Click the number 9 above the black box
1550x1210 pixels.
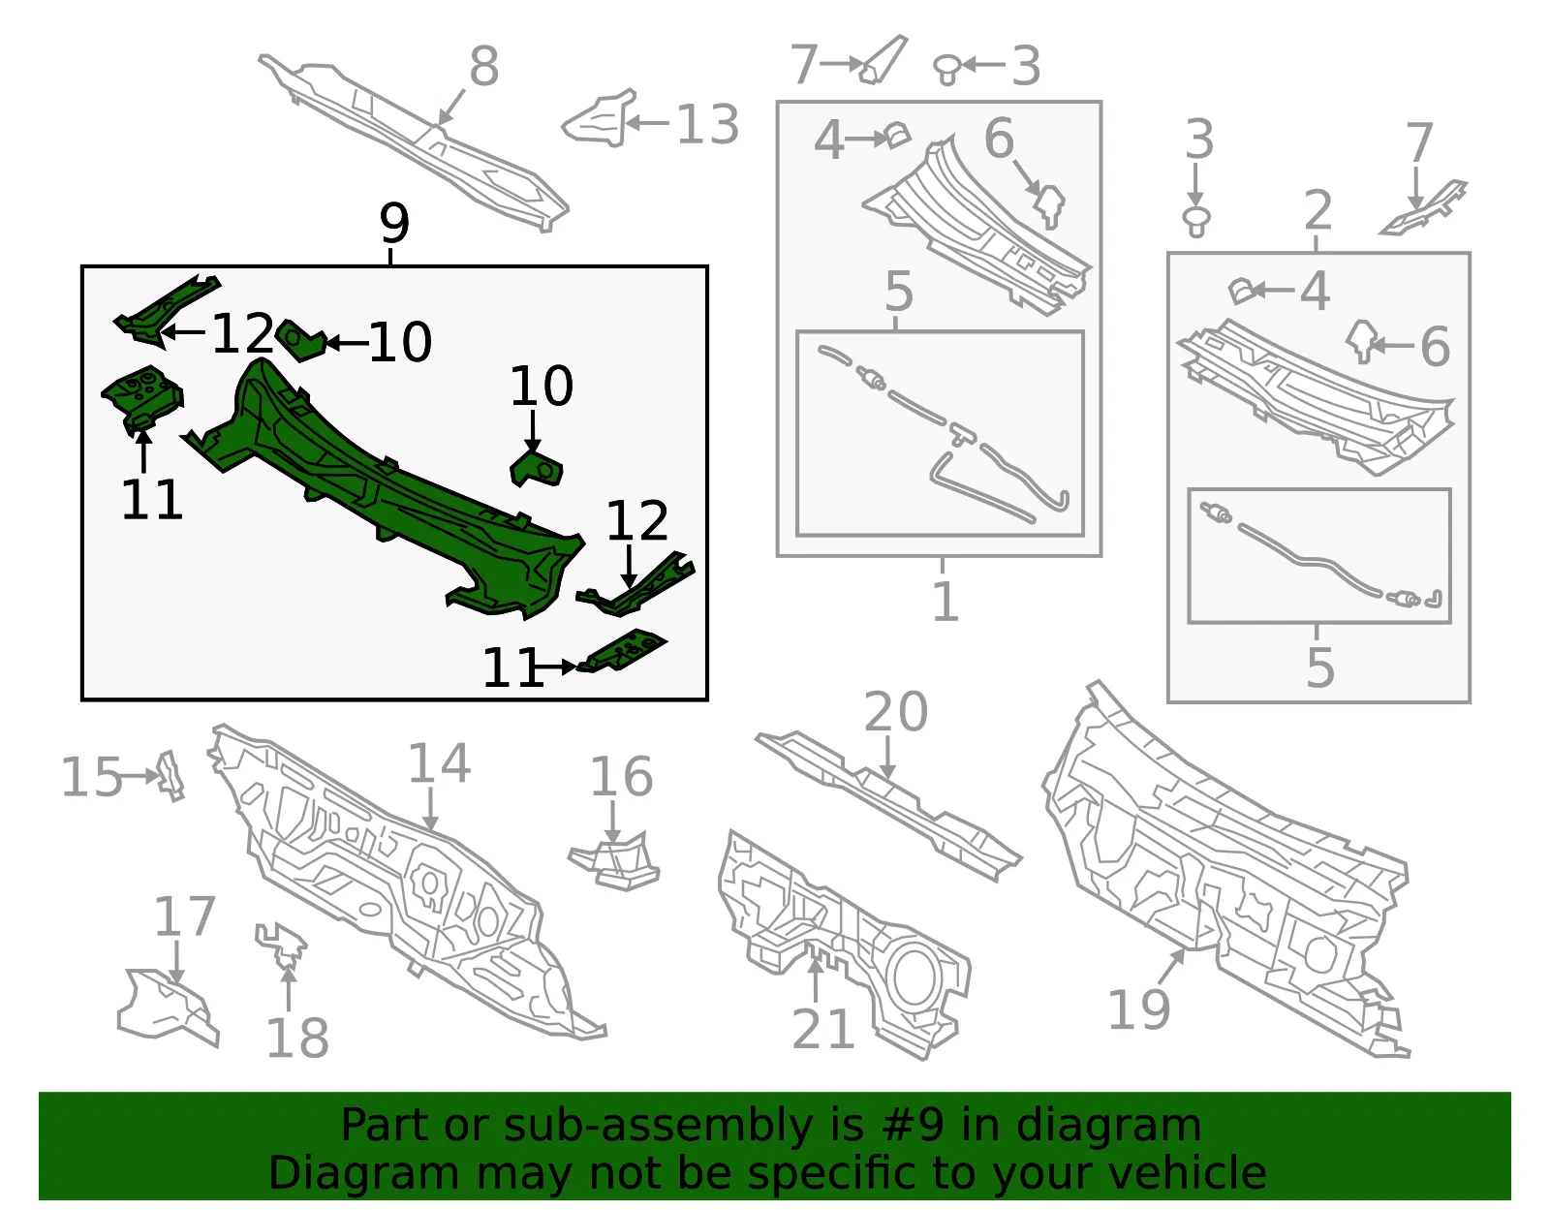(394, 223)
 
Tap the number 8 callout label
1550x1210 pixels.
(483, 66)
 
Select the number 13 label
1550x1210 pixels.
(707, 124)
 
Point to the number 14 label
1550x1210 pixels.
(439, 763)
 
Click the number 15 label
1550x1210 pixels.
(92, 777)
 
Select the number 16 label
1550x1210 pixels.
(621, 777)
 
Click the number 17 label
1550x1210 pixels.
(185, 916)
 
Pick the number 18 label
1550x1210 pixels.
(297, 1039)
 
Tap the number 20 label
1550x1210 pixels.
(896, 712)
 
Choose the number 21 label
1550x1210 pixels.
(823, 1029)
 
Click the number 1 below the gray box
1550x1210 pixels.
(945, 601)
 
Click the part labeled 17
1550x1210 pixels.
(168, 1007)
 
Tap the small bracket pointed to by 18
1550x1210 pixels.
(282, 944)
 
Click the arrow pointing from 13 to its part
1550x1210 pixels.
(647, 123)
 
